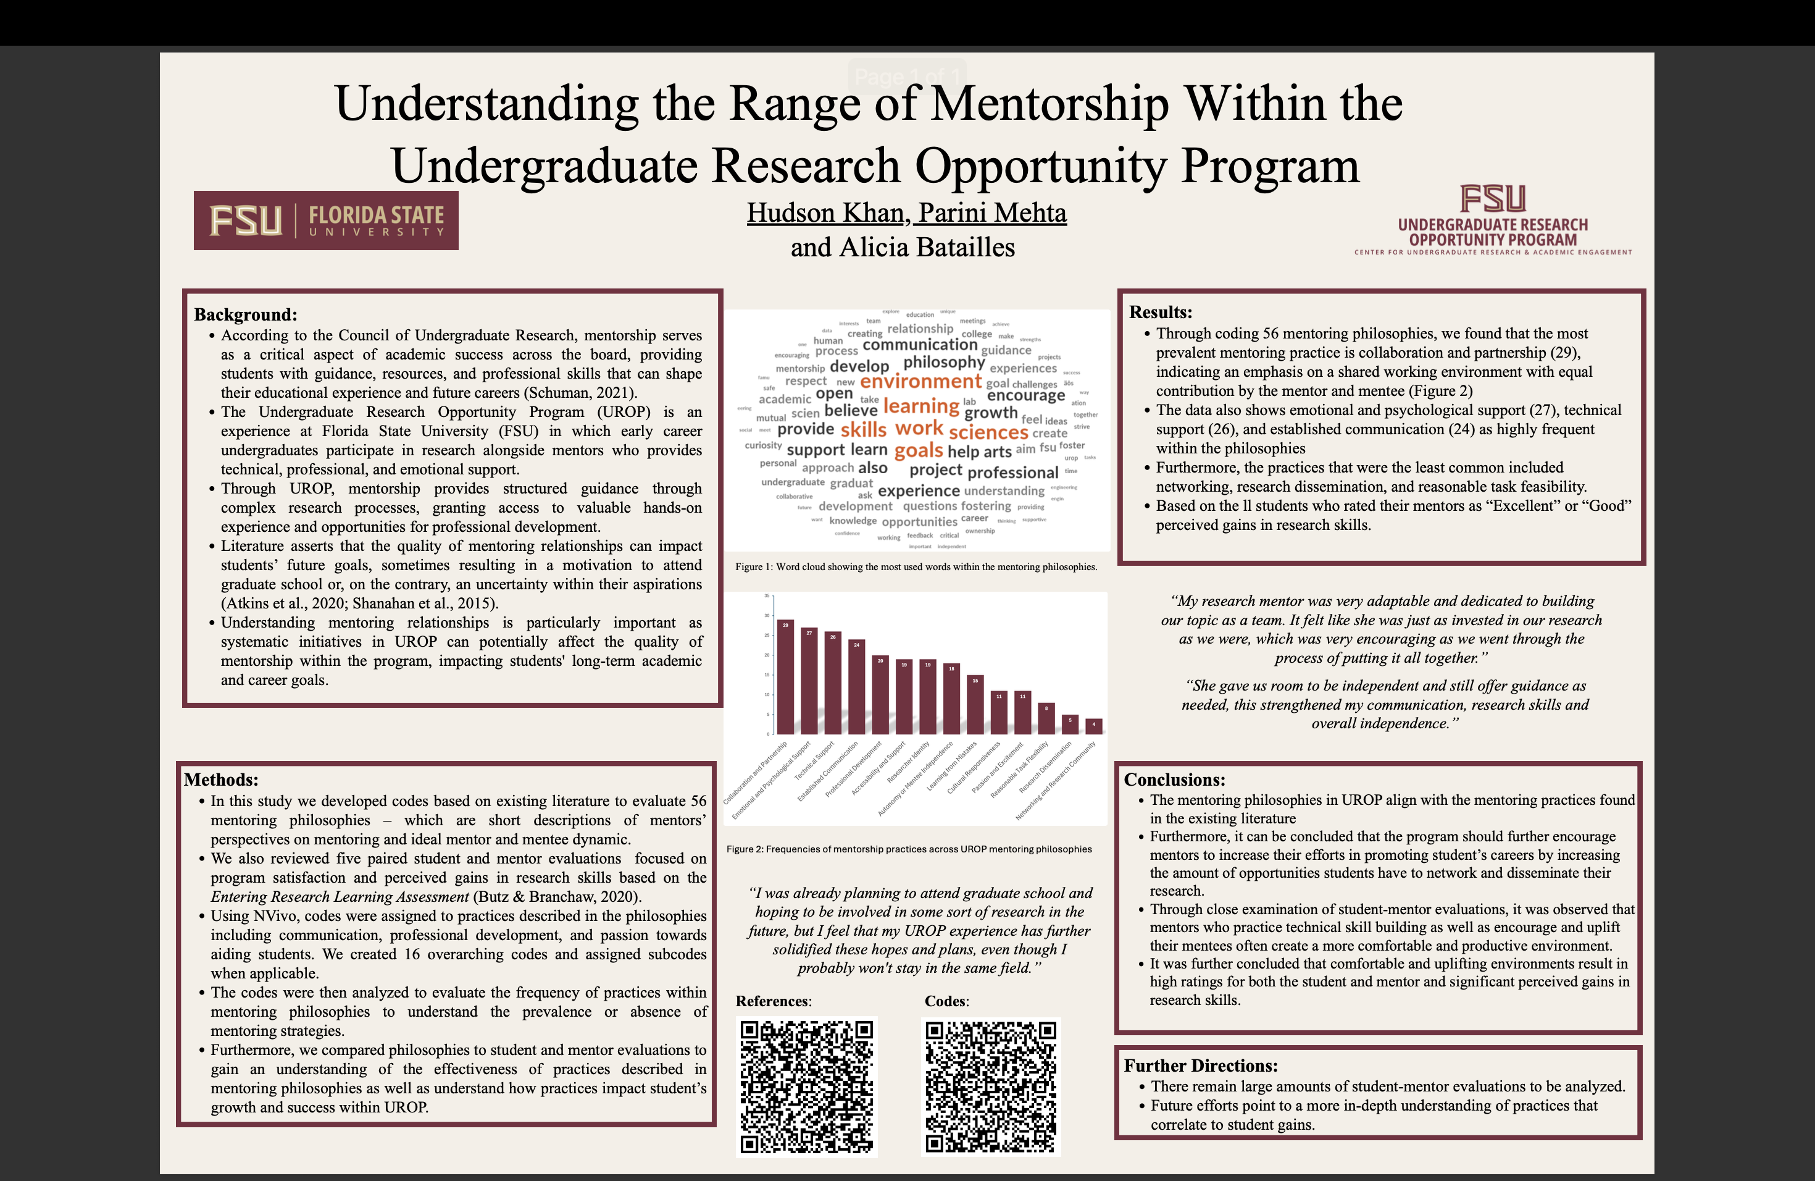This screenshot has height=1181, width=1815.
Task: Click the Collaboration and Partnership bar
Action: click(785, 676)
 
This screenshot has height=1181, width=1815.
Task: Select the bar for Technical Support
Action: click(833, 682)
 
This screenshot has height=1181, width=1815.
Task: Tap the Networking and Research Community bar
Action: click(1093, 726)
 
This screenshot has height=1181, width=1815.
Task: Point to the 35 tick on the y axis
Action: click(767, 596)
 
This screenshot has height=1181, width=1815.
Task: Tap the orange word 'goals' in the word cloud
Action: click(918, 450)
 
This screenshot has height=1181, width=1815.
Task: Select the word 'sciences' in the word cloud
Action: click(988, 432)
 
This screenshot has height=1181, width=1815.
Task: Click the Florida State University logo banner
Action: click(325, 221)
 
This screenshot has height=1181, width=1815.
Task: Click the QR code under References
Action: click(806, 1086)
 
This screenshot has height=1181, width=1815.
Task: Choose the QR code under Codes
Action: click(991, 1086)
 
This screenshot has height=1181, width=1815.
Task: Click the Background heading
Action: click(246, 314)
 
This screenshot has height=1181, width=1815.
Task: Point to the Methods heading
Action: click(221, 779)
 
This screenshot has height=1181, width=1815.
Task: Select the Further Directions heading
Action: click(1200, 1065)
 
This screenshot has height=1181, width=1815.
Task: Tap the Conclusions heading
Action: click(1174, 779)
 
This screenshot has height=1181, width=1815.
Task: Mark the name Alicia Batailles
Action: click(927, 247)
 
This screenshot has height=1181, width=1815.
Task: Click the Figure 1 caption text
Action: click(916, 567)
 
